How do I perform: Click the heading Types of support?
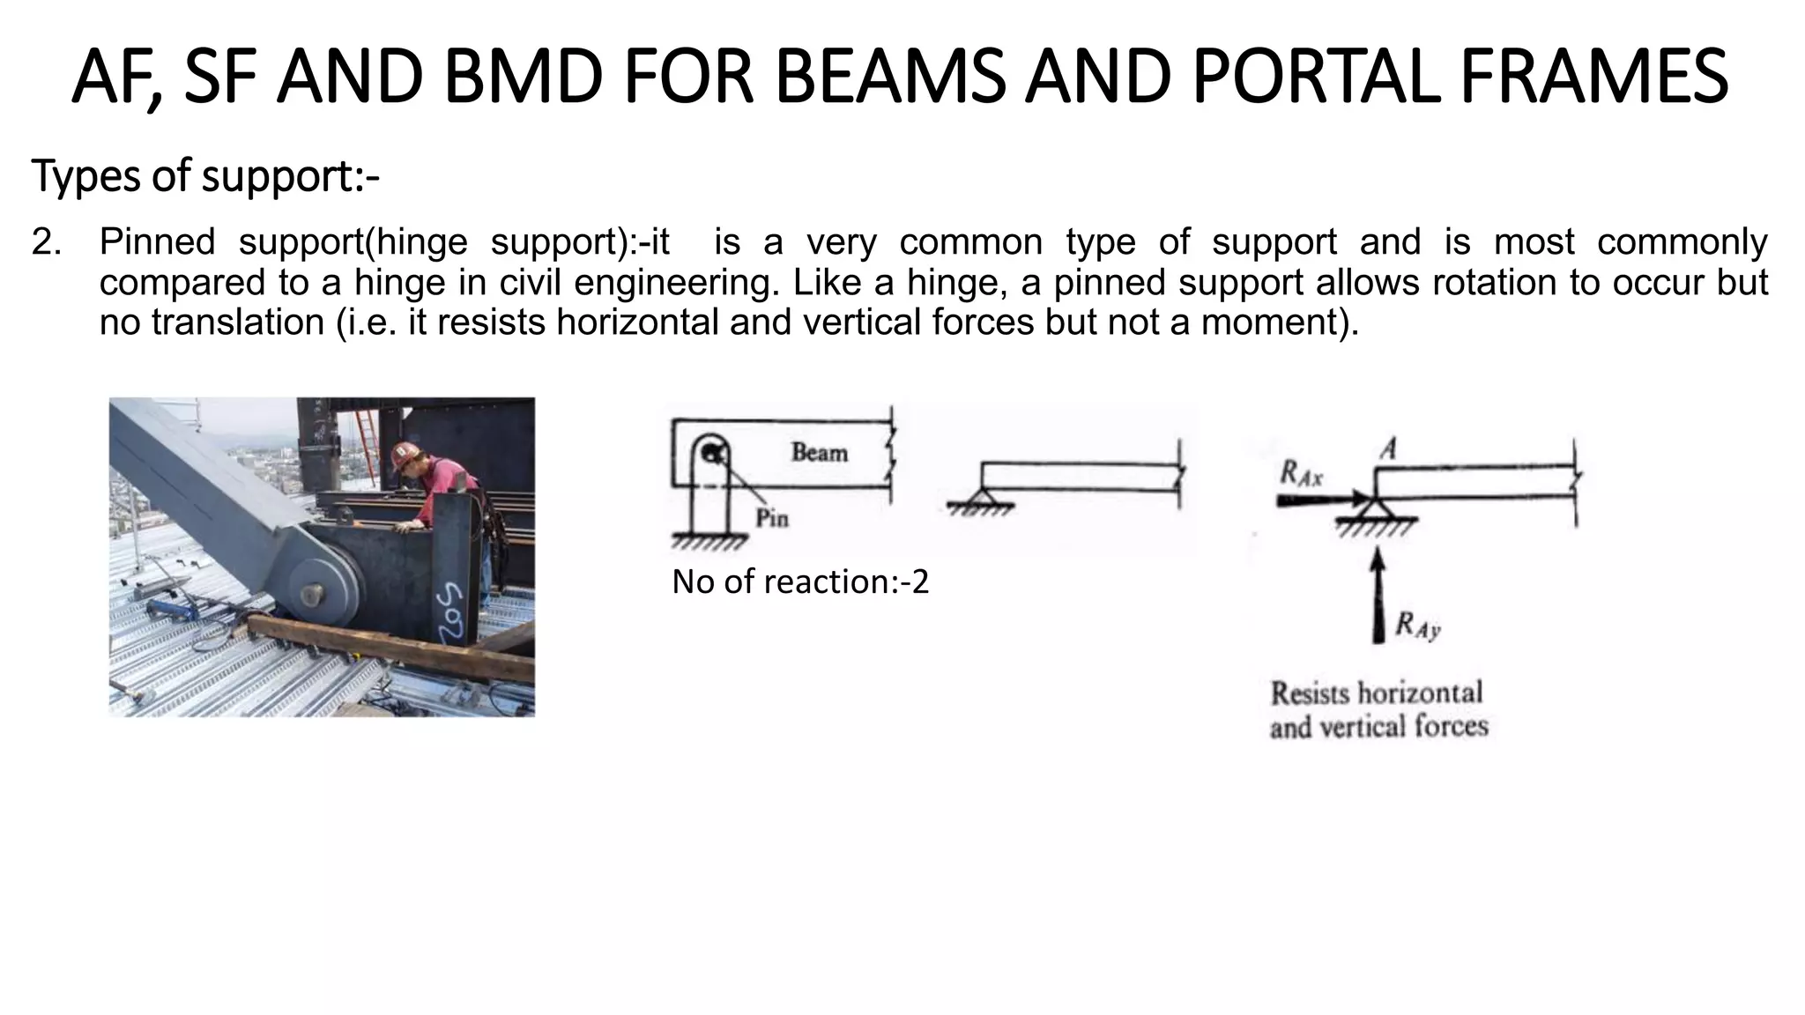[204, 176]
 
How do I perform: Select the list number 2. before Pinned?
[46, 242]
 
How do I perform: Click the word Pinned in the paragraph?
[157, 242]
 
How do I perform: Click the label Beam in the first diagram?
[819, 453]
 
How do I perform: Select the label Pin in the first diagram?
[772, 518]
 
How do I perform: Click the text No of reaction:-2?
[799, 582]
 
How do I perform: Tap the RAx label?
[1300, 476]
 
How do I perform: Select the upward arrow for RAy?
[1378, 595]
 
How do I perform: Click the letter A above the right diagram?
[1388, 449]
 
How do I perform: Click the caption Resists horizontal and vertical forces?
[1378, 709]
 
